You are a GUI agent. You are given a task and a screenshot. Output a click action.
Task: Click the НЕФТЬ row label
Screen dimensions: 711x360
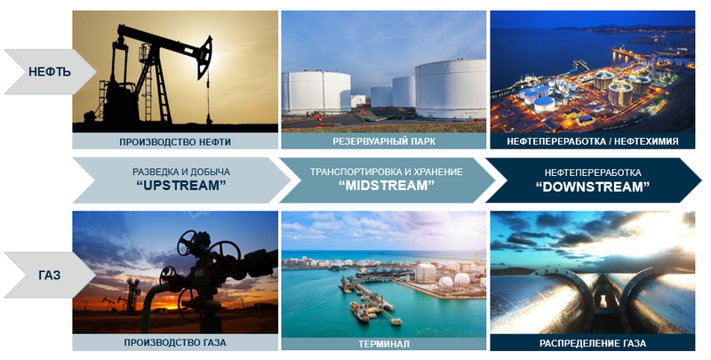pyautogui.click(x=50, y=72)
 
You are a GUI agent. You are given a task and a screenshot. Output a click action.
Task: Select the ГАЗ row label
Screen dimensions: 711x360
pyautogui.click(x=50, y=276)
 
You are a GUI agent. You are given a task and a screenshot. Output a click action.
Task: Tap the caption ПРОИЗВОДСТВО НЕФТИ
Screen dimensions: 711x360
pyautogui.click(x=175, y=142)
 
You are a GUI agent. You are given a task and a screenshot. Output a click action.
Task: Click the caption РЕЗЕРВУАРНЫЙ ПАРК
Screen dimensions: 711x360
pyautogui.click(x=384, y=141)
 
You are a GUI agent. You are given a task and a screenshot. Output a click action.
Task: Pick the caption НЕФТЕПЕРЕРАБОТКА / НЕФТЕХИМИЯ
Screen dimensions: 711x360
pyautogui.click(x=593, y=141)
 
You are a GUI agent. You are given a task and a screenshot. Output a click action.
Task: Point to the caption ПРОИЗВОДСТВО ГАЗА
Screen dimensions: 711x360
pyautogui.click(x=175, y=343)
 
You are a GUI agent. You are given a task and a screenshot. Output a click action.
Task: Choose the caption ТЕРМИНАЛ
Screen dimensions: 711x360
pyautogui.click(x=384, y=344)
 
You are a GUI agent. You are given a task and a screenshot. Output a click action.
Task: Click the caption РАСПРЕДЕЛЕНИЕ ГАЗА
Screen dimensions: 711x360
pyautogui.click(x=593, y=343)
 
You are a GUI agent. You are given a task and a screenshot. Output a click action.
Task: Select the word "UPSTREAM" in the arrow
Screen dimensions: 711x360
pyautogui.click(x=181, y=186)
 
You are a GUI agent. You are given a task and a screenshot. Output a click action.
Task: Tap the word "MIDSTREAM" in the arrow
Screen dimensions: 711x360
pyautogui.click(x=387, y=186)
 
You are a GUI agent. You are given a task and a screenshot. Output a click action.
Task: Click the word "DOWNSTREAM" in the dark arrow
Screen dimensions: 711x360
pyautogui.click(x=593, y=187)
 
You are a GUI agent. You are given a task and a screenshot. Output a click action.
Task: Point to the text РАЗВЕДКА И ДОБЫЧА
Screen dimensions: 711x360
pyautogui.click(x=181, y=172)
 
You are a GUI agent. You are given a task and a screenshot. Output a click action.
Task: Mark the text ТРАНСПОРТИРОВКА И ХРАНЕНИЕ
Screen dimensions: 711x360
pyautogui.click(x=387, y=172)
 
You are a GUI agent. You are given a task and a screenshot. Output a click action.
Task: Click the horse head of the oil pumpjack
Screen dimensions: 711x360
pyautogui.click(x=204, y=56)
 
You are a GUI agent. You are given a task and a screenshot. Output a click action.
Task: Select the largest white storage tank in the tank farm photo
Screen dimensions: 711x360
pyautogui.click(x=451, y=89)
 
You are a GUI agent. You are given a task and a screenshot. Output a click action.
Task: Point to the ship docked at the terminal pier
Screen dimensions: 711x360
pyautogui.click(x=359, y=312)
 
